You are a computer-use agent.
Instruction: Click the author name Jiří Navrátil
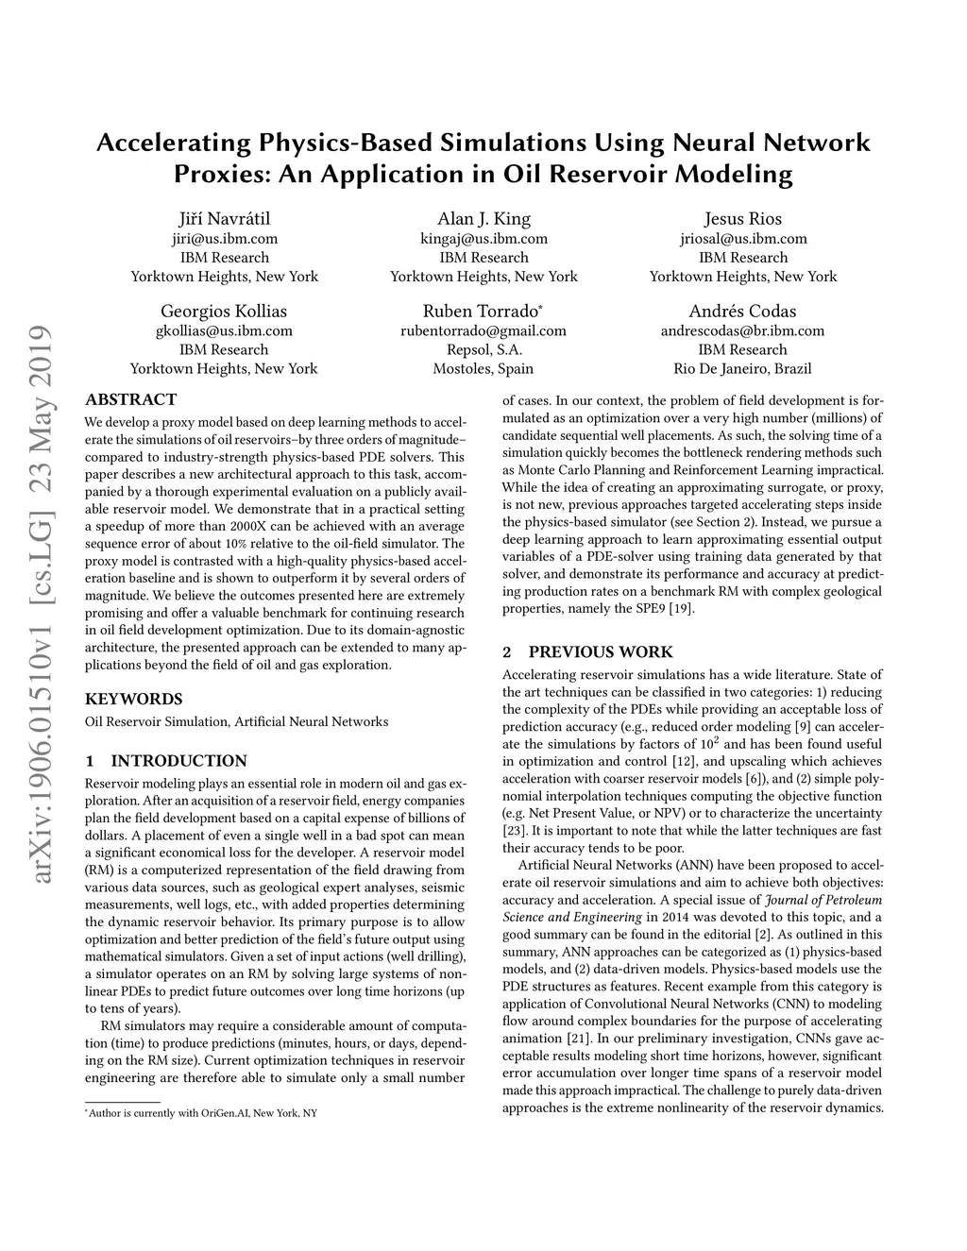click(224, 219)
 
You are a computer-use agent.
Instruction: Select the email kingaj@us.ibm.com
click(483, 239)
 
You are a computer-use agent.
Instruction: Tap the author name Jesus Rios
click(742, 219)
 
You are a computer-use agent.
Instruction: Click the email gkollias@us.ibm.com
click(224, 330)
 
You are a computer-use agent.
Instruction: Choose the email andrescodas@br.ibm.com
click(742, 330)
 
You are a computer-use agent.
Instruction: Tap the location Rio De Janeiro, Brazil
click(742, 368)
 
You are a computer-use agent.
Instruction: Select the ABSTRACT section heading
click(130, 399)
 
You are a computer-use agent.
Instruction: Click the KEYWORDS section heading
click(133, 700)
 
